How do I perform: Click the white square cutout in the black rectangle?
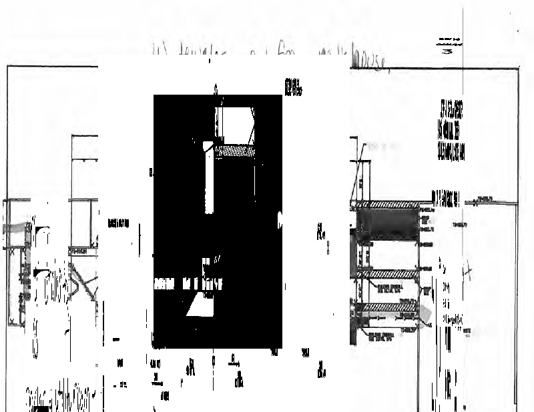235,125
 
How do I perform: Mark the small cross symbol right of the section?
470,271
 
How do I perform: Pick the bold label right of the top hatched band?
447,196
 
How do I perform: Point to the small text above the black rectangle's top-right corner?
292,87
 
